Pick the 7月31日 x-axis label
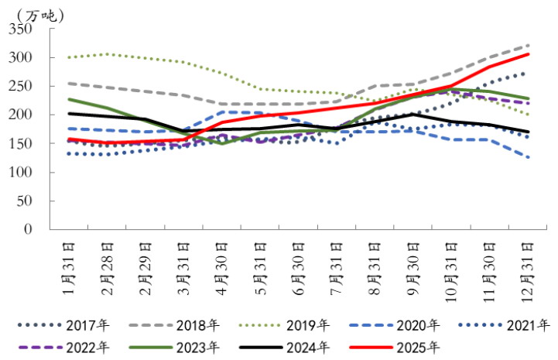(x=337, y=264)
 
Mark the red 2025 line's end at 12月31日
(x=529, y=54)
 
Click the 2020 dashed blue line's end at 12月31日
(x=529, y=157)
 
